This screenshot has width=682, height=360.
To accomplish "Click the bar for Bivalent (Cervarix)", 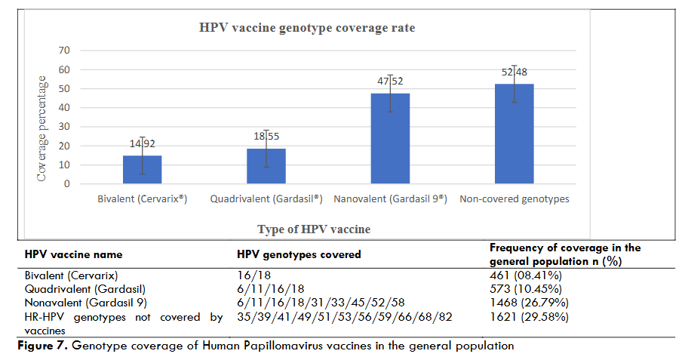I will (142, 170).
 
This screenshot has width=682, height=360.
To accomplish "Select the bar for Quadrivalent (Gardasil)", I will (266, 166).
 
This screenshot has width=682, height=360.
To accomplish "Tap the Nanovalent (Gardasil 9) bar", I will (390, 139).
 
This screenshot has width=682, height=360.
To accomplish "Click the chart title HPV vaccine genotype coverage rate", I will (307, 28).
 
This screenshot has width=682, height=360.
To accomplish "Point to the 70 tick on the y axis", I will (64, 51).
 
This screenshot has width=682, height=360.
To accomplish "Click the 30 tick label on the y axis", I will (64, 127).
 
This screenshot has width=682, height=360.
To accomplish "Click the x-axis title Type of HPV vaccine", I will (313, 229).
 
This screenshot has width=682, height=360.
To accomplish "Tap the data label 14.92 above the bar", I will (142, 143).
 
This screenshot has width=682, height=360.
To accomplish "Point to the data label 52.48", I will (514, 72).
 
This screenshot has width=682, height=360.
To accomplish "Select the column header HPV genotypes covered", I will (299, 255).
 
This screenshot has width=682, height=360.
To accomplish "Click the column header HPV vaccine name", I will (73, 255).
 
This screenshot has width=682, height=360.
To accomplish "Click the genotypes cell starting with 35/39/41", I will (344, 316).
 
